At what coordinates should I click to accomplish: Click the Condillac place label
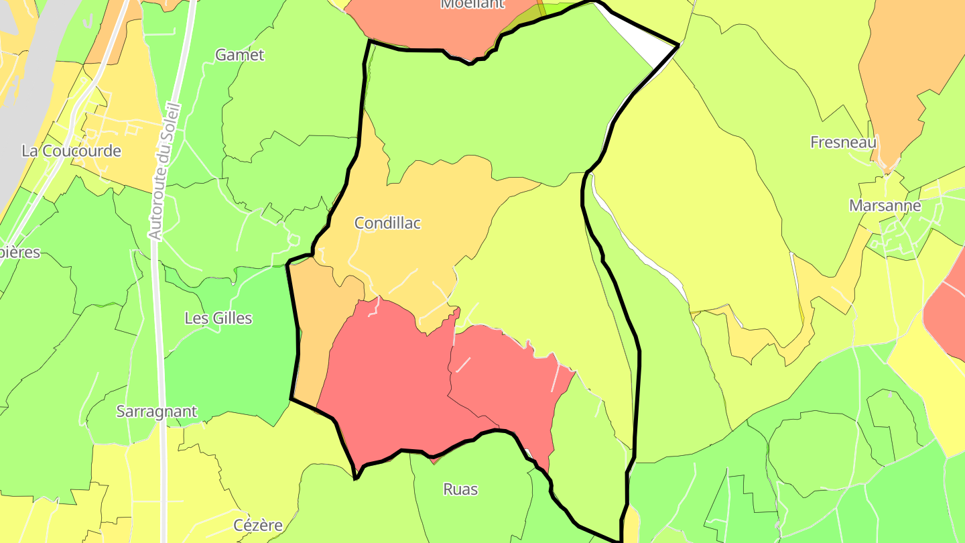(387, 223)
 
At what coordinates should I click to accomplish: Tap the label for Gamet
(239, 55)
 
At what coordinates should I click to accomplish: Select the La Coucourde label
(71, 151)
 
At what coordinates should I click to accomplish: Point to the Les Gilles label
(218, 318)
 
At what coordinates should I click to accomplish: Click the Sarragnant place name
(157, 411)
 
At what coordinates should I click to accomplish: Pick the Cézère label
(258, 525)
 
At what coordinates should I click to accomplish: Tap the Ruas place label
(460, 489)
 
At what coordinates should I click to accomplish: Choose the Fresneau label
(843, 142)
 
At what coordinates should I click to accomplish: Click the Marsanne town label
(885, 206)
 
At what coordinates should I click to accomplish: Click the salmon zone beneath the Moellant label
(429, 27)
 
